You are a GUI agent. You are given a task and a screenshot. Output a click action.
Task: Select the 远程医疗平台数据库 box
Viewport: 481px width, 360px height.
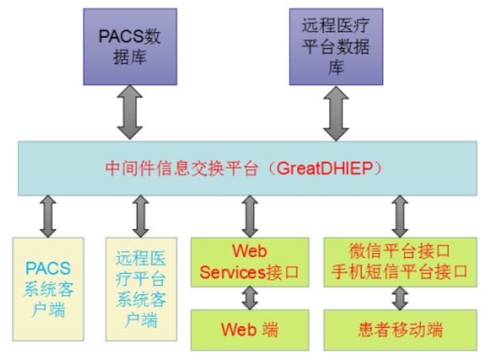click(x=336, y=47)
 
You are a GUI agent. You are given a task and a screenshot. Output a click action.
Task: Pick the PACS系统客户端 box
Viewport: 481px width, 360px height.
click(x=48, y=288)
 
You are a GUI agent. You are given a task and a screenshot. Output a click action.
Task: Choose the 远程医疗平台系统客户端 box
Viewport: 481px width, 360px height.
click(x=141, y=288)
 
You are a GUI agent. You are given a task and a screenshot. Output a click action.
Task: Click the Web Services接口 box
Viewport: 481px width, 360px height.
click(x=249, y=261)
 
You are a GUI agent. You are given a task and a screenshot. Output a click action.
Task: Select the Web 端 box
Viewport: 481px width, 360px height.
click(x=249, y=328)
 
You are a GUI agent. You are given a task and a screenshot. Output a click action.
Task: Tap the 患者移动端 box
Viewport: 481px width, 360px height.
click(x=400, y=328)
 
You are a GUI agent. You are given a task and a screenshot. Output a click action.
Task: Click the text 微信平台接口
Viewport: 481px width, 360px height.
click(x=399, y=250)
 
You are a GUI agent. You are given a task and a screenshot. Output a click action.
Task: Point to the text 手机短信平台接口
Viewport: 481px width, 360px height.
click(x=399, y=272)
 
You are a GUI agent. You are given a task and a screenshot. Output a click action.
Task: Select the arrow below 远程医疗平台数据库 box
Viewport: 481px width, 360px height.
click(x=336, y=113)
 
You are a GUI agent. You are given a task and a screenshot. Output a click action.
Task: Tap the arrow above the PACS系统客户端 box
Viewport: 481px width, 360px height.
click(x=48, y=215)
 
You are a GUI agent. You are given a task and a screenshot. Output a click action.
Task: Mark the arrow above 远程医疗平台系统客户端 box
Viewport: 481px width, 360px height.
click(x=141, y=215)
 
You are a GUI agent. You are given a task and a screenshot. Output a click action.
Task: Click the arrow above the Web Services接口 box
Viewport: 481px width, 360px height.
click(x=249, y=215)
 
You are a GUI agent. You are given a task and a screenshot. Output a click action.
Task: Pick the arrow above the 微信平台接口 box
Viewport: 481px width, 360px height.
click(x=399, y=215)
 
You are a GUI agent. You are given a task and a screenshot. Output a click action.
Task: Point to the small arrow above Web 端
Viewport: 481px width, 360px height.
click(x=249, y=297)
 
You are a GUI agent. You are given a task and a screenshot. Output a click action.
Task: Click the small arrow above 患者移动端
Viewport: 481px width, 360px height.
click(x=400, y=297)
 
